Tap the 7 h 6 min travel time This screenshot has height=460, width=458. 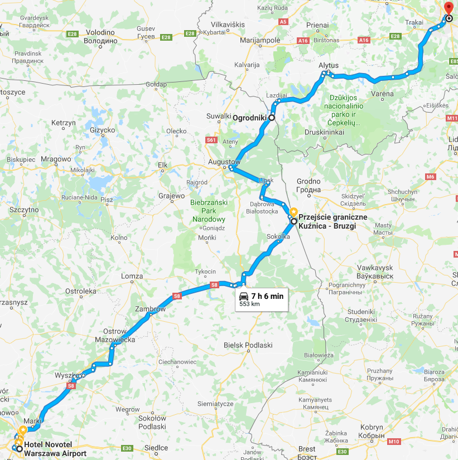(267, 296)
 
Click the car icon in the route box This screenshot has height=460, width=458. (244, 296)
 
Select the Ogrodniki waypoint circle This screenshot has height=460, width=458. (272, 118)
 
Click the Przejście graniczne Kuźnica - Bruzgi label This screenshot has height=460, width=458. (326, 221)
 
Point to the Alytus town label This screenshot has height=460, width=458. (329, 65)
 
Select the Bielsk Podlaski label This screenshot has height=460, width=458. (248, 345)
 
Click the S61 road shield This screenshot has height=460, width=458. (211, 140)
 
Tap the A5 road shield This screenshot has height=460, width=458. (283, 22)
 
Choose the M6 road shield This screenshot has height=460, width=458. (430, 177)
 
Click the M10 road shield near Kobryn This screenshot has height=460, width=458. (394, 442)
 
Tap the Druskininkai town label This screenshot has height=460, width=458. (324, 132)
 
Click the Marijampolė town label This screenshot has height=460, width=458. (259, 41)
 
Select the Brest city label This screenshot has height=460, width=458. (306, 449)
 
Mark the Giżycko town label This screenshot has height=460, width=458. (102, 130)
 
